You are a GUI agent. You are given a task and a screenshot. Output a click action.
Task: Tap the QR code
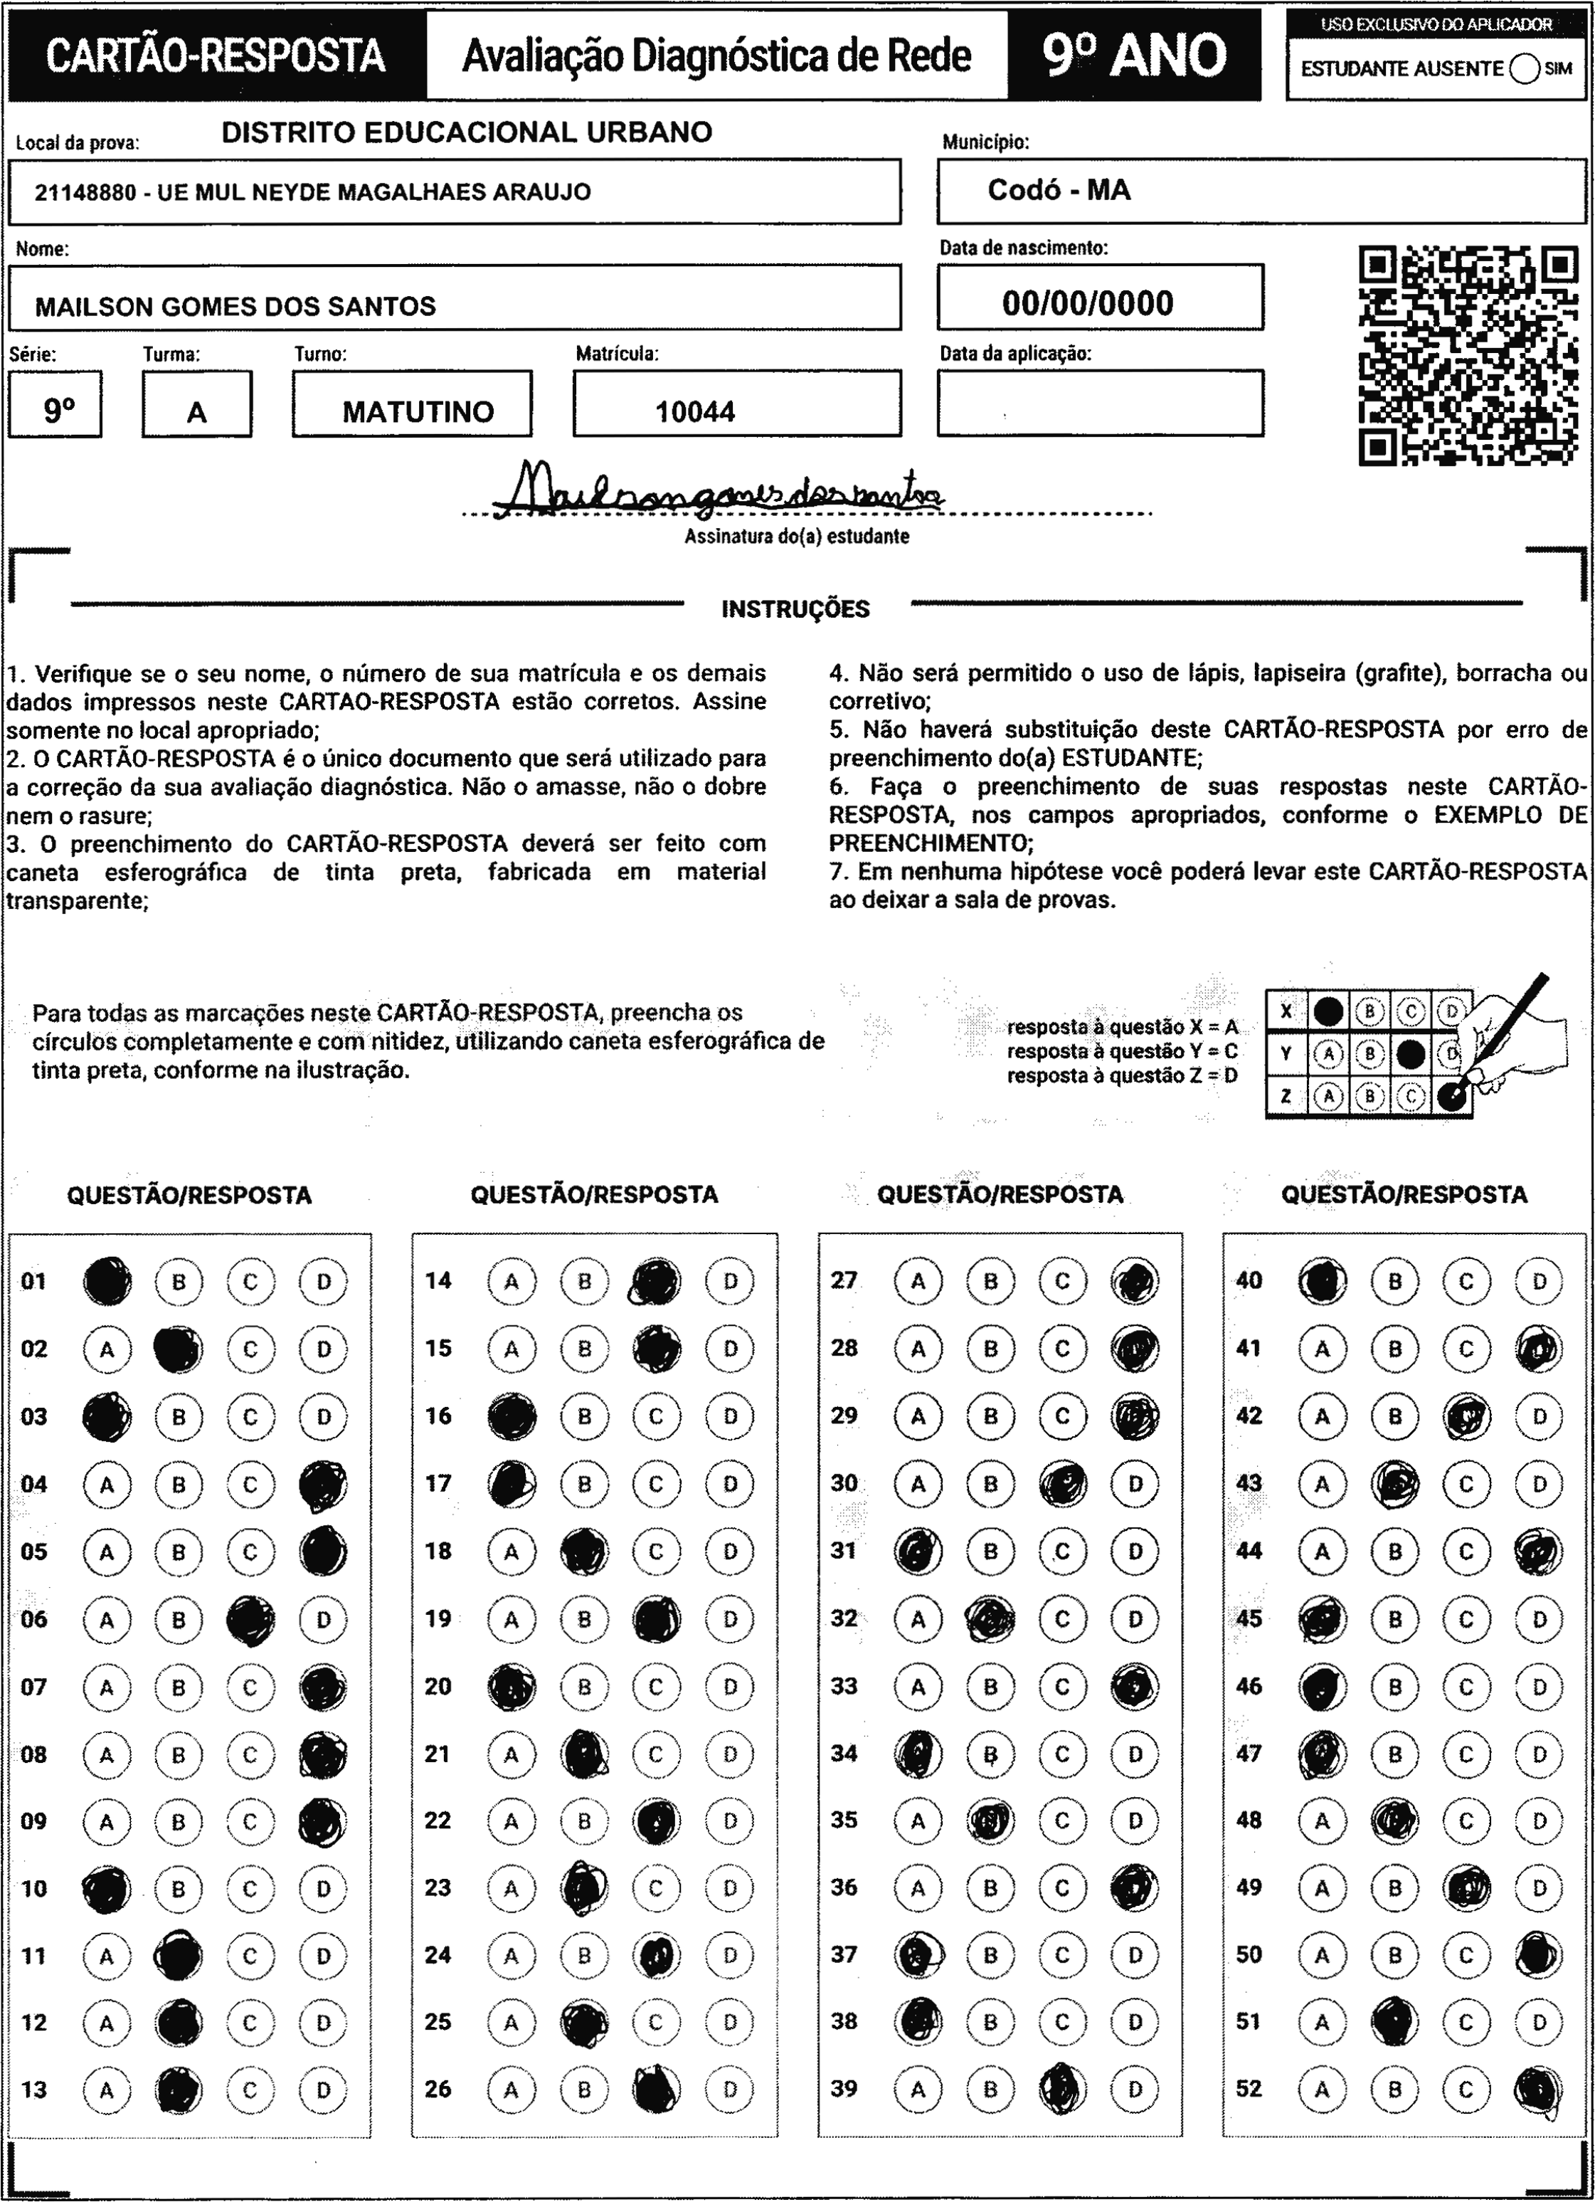(1468, 355)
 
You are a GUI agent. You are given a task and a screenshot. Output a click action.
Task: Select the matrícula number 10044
(695, 411)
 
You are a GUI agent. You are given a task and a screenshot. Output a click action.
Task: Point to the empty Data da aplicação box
(1100, 403)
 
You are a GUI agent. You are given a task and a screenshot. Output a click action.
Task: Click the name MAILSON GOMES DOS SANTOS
(236, 307)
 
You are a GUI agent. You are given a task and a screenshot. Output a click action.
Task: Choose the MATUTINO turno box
(418, 411)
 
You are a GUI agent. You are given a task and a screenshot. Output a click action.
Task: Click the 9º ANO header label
(1134, 56)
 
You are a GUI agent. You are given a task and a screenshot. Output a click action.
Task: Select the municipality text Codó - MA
(1059, 190)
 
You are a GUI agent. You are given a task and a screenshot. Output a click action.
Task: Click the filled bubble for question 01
(107, 1280)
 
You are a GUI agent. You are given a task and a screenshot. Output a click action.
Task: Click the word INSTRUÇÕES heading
(795, 610)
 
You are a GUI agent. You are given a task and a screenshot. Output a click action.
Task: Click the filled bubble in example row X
(1328, 1011)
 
